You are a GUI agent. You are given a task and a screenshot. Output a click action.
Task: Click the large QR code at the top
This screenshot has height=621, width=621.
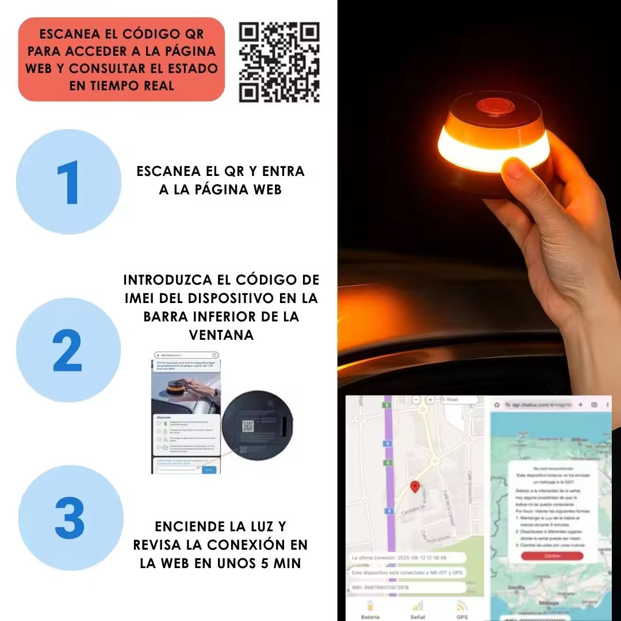coord(279,62)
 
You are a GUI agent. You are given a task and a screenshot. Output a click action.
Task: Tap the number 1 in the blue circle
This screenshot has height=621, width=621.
coord(68,183)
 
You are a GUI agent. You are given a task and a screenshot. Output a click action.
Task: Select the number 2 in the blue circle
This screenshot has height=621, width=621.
coord(68,351)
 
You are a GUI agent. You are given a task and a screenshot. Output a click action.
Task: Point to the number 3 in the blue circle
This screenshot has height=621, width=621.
coord(70,518)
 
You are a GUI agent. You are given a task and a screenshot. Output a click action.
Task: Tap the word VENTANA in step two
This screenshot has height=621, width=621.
coord(221,335)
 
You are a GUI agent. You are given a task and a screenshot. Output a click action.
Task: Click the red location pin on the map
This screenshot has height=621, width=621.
coord(415,488)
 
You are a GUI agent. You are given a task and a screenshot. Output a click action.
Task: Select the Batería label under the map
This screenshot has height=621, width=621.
coord(370,616)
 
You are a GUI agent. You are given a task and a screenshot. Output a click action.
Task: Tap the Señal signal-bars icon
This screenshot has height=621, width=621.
coord(417,605)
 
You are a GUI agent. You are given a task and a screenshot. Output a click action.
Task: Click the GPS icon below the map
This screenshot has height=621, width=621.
coord(461,606)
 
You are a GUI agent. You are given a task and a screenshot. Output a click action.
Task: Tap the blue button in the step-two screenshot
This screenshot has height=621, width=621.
coord(209,469)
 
